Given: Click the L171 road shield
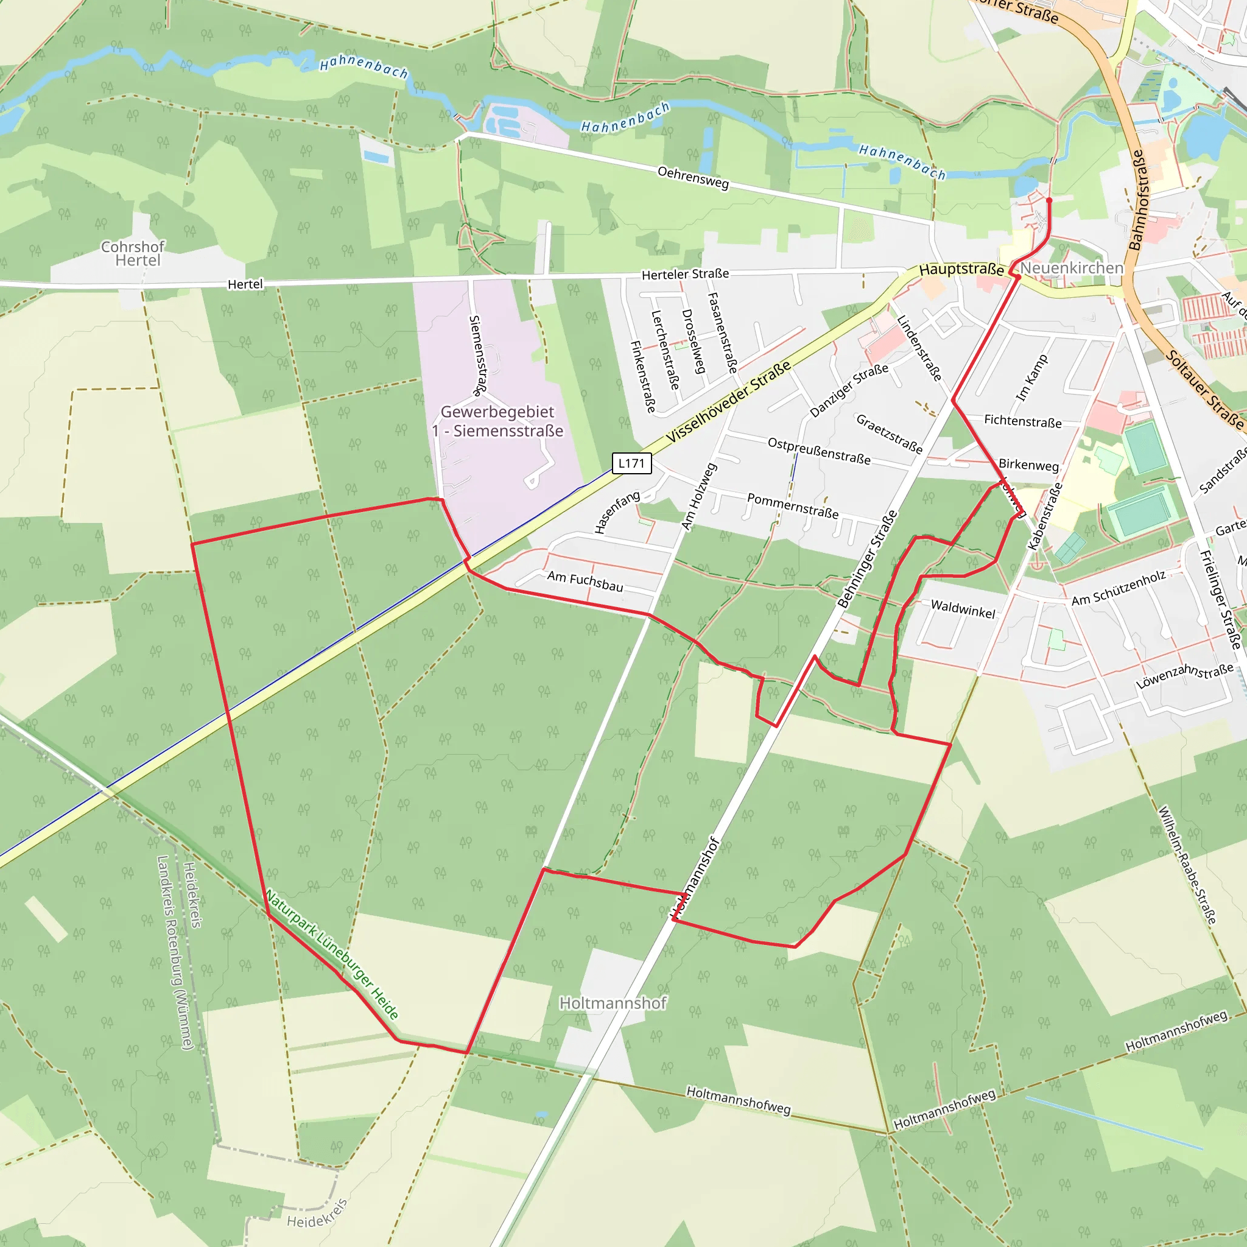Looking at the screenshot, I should tap(631, 463).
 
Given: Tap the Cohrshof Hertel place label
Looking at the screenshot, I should tap(133, 254).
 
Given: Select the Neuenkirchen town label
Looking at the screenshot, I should tap(1072, 268).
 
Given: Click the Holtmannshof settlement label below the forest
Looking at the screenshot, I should tap(613, 1002).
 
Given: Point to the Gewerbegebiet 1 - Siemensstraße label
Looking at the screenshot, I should tap(497, 421).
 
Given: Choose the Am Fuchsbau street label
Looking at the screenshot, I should tap(585, 581).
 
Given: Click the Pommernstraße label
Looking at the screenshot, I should tap(793, 506).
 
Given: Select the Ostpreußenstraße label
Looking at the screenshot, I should tap(818, 451).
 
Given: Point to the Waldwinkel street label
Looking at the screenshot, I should tap(963, 609).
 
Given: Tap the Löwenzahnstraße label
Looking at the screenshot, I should tap(1184, 675).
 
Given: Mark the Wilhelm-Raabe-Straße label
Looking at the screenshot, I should tap(1186, 865).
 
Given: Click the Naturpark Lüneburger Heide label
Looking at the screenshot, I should tap(332, 955).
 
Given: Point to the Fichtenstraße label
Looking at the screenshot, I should tap(1022, 421).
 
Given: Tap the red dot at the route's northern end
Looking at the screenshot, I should tap(1049, 201).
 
